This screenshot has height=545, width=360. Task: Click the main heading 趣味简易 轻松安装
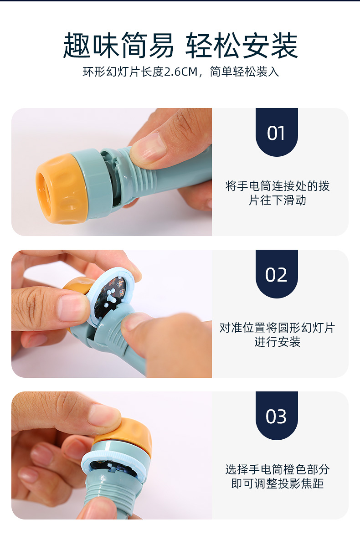(x=180, y=46)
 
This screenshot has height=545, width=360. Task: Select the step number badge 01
(x=277, y=132)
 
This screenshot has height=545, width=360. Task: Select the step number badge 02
(x=277, y=274)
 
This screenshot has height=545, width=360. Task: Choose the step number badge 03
(x=277, y=416)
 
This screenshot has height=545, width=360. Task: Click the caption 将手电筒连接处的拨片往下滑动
(x=278, y=193)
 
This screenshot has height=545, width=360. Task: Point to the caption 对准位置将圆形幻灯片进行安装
(x=278, y=334)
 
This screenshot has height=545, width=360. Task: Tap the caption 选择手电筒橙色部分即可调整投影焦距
(x=278, y=476)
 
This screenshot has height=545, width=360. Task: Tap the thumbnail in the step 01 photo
(x=148, y=147)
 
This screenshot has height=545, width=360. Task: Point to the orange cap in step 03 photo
(x=127, y=436)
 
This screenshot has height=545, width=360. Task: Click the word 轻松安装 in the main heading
(x=242, y=46)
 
